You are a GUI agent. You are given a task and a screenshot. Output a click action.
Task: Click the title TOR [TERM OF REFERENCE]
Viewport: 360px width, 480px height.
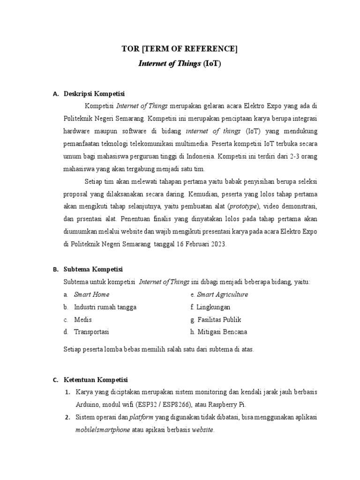[180, 48]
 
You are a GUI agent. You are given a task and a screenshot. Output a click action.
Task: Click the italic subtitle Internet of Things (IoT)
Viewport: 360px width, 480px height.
[180, 63]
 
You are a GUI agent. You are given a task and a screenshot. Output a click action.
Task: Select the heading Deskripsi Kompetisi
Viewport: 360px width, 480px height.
[94, 94]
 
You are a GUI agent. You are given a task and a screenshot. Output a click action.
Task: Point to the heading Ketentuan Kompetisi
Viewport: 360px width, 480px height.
[96, 380]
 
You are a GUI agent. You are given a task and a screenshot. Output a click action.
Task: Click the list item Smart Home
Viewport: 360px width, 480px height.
[91, 294]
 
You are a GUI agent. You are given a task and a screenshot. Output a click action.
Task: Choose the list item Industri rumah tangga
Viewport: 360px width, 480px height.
[105, 307]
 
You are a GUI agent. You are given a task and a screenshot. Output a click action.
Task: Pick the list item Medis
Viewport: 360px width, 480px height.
[82, 320]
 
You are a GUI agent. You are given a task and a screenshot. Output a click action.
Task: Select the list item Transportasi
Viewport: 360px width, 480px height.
[91, 332]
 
